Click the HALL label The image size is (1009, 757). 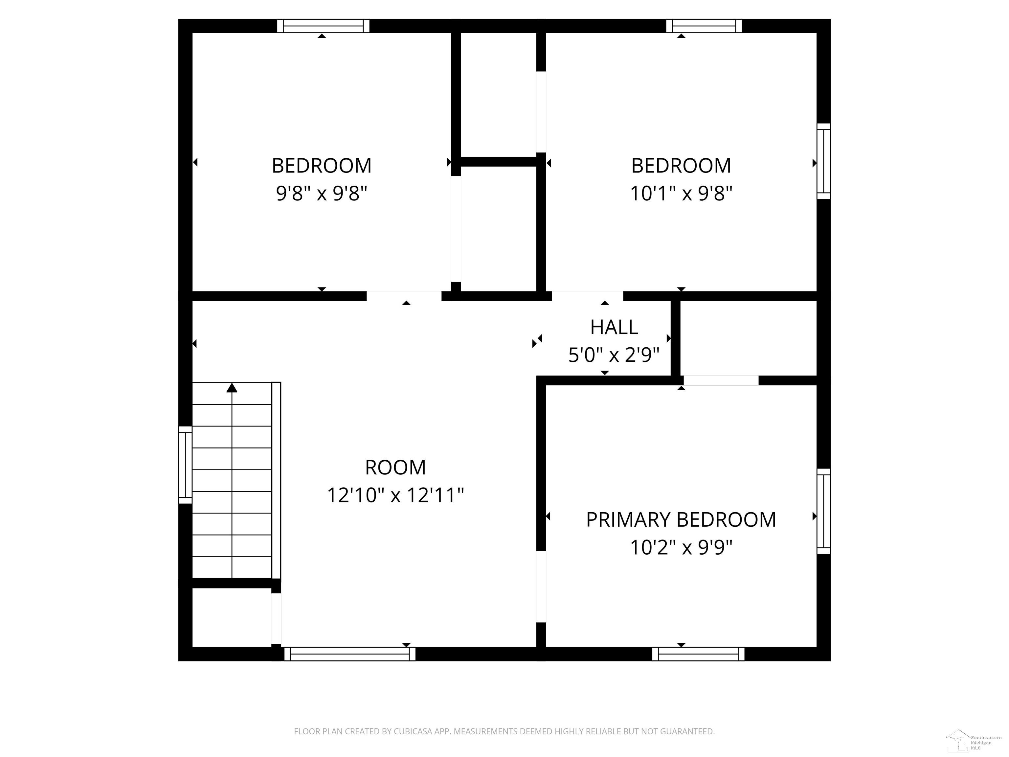tap(614, 327)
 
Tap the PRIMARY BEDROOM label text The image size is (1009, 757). tap(681, 520)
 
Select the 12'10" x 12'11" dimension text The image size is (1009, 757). tap(395, 495)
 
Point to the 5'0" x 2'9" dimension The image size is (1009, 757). tap(614, 355)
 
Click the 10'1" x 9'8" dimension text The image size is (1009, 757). tap(681, 194)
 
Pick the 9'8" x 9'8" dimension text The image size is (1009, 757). tap(322, 194)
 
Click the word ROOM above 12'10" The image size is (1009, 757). tap(395, 467)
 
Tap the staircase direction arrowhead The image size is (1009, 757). tap(232, 388)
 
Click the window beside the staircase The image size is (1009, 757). tap(185, 465)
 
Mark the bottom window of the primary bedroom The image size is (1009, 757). tap(698, 654)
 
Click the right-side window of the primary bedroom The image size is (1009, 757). tap(823, 511)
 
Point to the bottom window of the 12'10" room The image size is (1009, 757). tap(350, 654)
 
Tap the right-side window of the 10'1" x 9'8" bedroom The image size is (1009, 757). tap(823, 161)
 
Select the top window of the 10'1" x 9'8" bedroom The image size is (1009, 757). tap(704, 26)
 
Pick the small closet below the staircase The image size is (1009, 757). tap(232, 617)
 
